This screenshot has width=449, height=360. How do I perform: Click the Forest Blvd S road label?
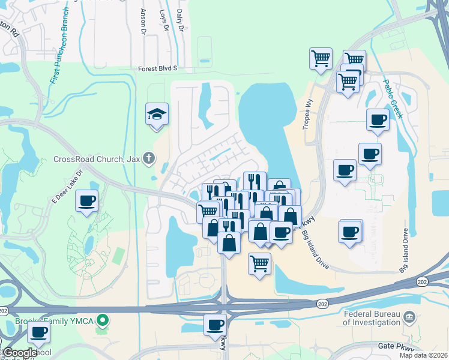click(x=157, y=68)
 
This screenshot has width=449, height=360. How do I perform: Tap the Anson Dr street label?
click(x=143, y=21)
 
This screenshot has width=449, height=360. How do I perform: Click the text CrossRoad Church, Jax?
click(x=97, y=159)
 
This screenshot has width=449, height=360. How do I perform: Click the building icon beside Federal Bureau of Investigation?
click(x=409, y=316)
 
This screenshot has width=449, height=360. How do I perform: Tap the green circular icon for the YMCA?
click(x=103, y=321)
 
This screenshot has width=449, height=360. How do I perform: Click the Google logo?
click(x=20, y=353)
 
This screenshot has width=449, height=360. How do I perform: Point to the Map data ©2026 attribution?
click(x=424, y=355)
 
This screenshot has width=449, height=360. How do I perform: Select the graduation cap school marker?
click(x=157, y=114)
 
